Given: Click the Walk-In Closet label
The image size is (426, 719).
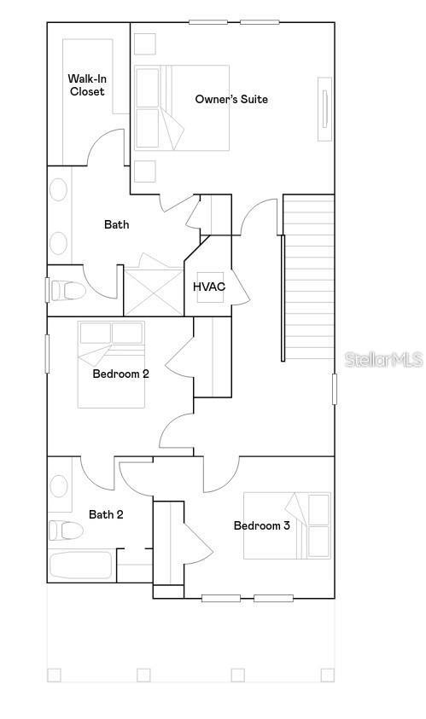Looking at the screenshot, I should [x=87, y=84].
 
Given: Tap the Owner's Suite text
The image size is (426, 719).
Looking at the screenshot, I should [x=231, y=99].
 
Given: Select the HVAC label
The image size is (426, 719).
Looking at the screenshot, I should [x=209, y=287].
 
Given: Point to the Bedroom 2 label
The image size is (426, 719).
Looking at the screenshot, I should [x=121, y=374].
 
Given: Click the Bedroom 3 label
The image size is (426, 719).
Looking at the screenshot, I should [x=262, y=525].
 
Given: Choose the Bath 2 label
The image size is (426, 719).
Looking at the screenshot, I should [x=107, y=514].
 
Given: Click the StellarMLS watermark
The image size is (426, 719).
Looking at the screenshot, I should [x=383, y=360].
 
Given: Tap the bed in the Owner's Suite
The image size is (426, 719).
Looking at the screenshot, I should [x=183, y=108].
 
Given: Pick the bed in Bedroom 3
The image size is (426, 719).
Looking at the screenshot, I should [x=287, y=525].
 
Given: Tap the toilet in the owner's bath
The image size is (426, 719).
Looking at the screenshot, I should [x=68, y=291].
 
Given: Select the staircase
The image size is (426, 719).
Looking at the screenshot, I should [x=308, y=277].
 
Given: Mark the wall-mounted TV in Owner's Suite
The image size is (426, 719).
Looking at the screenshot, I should [x=324, y=109].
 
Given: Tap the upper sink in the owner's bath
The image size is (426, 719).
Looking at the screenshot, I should [x=58, y=189].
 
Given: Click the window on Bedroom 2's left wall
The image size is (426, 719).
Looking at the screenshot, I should [x=48, y=353].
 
